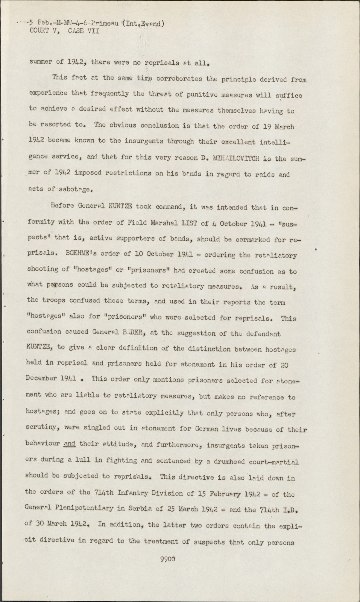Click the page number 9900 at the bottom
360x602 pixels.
[168, 559]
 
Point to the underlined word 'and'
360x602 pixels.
[70, 444]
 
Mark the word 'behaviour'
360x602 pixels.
[42, 444]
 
